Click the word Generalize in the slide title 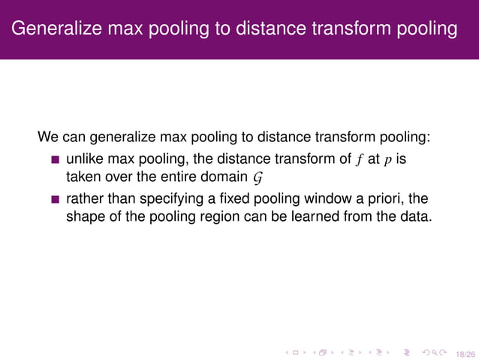click(59, 29)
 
